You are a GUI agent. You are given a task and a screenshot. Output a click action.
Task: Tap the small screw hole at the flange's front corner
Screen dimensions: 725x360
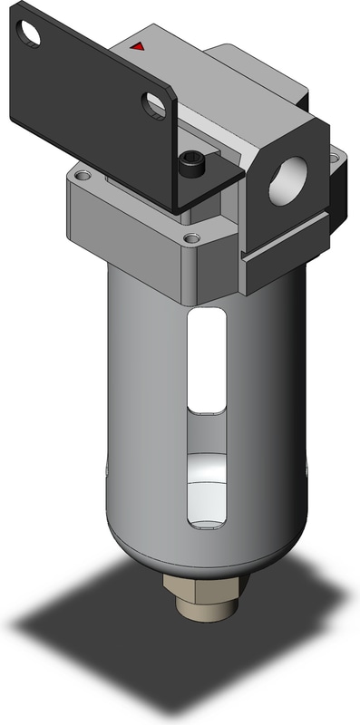(190, 237)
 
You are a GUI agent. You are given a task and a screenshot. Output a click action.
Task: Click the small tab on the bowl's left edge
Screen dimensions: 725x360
(108, 471)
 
